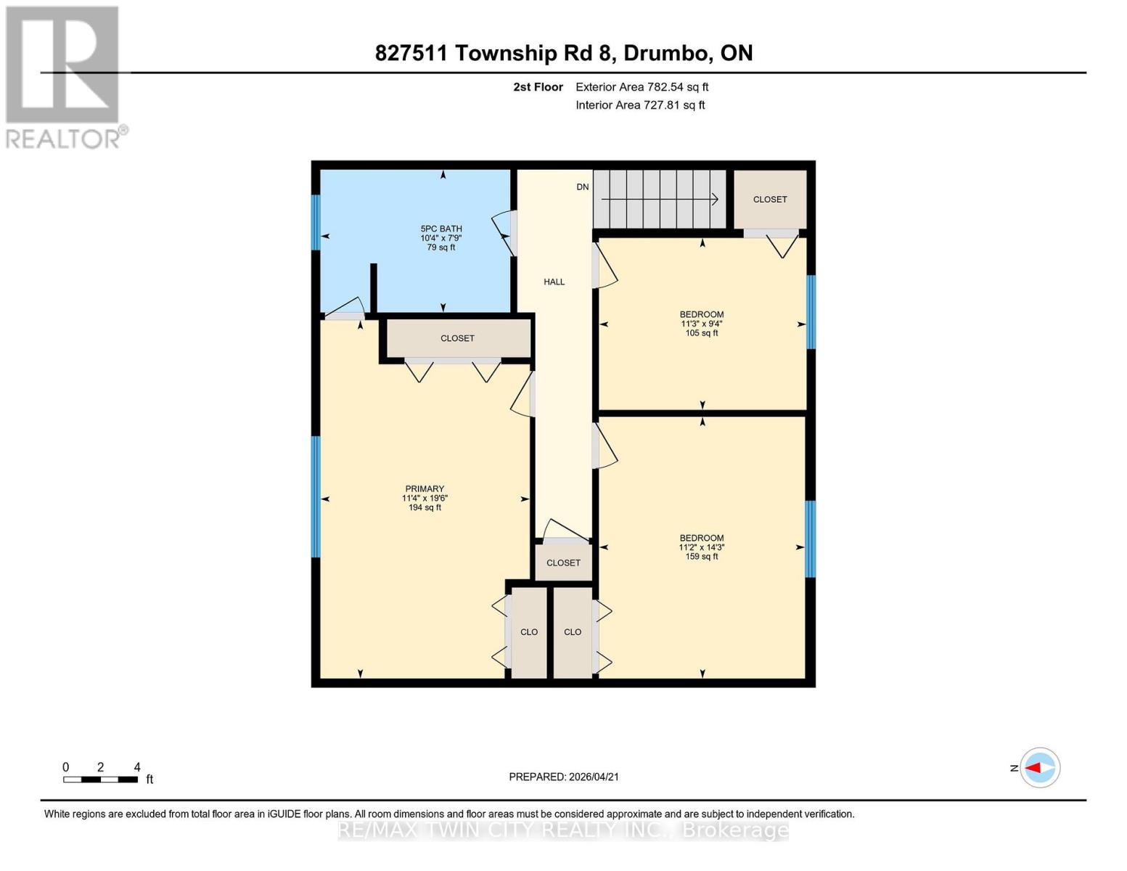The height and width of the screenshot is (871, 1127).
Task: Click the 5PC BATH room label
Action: tap(441, 229)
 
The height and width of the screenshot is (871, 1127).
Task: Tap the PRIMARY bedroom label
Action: tap(425, 489)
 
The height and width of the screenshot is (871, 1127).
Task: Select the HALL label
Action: tap(554, 282)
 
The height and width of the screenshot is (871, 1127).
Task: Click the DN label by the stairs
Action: tap(583, 187)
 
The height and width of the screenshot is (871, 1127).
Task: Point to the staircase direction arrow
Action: tap(659, 199)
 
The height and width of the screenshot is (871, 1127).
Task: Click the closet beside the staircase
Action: tap(770, 200)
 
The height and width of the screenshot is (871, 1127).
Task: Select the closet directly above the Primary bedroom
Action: tap(457, 338)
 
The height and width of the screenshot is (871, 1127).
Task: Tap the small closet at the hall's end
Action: tap(564, 563)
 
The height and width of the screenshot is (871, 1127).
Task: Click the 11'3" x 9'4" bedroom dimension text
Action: tap(701, 324)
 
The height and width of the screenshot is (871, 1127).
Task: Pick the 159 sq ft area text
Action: tap(702, 557)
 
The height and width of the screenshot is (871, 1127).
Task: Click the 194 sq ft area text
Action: tap(425, 507)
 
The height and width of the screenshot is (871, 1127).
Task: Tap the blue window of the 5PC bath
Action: tap(316, 222)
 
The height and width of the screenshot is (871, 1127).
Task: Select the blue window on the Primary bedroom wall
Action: tap(316, 496)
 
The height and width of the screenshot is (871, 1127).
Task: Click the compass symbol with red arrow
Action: tap(1040, 768)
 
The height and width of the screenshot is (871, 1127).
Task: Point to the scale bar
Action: tap(100, 780)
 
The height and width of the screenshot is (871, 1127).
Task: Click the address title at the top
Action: tap(564, 53)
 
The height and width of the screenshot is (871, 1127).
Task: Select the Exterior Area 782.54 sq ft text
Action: tap(642, 87)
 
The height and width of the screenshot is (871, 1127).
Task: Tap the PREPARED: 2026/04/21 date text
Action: tap(564, 777)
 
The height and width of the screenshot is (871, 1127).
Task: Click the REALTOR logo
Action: tap(64, 77)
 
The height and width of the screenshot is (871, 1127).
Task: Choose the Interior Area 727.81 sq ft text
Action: tap(640, 105)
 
